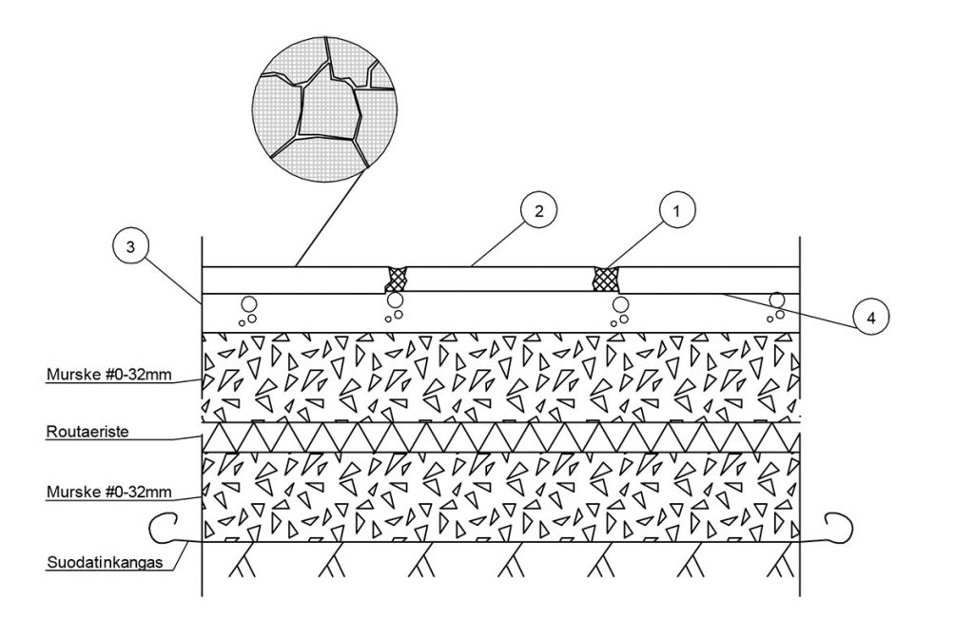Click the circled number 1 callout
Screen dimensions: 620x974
[x=676, y=211]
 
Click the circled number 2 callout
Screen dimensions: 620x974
[x=538, y=211]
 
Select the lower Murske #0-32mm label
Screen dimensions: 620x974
[x=108, y=494]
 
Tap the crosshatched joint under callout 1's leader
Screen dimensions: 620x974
[x=606, y=279]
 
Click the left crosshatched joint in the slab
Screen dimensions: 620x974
[x=396, y=279]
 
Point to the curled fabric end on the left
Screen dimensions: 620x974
[x=164, y=526]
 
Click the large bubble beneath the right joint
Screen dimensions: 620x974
[x=621, y=304]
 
